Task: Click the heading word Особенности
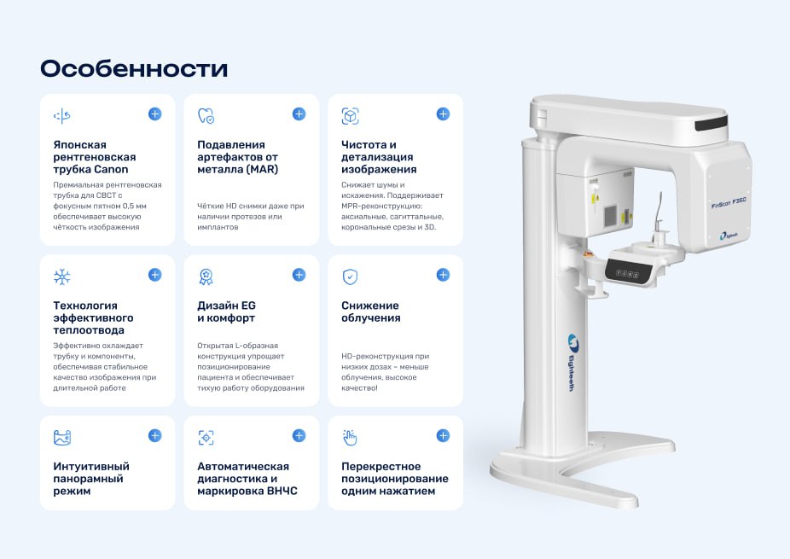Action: pyautogui.click(x=134, y=68)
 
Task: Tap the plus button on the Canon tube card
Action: pyautogui.click(x=154, y=114)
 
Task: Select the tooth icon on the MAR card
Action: pyautogui.click(x=206, y=115)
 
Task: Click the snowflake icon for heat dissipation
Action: pyautogui.click(x=62, y=277)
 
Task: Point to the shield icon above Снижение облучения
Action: pyautogui.click(x=350, y=277)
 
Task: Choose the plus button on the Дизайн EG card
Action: pyautogui.click(x=299, y=275)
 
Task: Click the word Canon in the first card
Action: pyautogui.click(x=111, y=169)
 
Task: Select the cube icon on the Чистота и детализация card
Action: pyautogui.click(x=350, y=116)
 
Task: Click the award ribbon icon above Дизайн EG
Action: pyautogui.click(x=206, y=277)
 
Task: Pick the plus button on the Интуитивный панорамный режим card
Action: pyautogui.click(x=154, y=435)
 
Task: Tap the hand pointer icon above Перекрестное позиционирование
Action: pyautogui.click(x=350, y=438)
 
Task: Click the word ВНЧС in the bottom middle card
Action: pyautogui.click(x=282, y=491)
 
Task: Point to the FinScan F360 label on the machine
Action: pyautogui.click(x=729, y=202)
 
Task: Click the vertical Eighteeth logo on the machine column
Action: pyautogui.click(x=572, y=363)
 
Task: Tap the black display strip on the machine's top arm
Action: pyautogui.click(x=712, y=124)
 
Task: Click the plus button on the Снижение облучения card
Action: pyautogui.click(x=443, y=275)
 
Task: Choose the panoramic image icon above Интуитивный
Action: pyautogui.click(x=62, y=438)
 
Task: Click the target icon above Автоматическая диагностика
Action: pyautogui.click(x=206, y=438)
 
